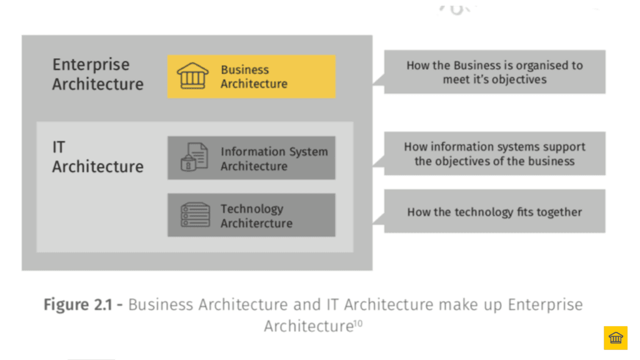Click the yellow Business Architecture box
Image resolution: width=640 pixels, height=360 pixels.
[251, 76]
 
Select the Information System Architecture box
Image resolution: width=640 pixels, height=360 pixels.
[251, 158]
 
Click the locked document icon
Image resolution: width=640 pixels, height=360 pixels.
[194, 157]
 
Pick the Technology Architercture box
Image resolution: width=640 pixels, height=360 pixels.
[251, 215]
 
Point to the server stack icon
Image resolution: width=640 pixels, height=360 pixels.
[194, 215]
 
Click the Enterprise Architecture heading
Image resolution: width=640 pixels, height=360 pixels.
[97, 74]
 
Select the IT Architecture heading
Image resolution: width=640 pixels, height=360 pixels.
[97, 157]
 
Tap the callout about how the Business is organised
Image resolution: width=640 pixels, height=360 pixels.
[494, 72]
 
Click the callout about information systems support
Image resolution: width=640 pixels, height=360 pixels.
[494, 154]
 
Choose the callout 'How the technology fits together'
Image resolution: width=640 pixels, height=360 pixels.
[494, 212]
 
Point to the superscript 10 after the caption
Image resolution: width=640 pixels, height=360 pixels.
[358, 322]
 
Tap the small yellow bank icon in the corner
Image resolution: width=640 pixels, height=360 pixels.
[615, 338]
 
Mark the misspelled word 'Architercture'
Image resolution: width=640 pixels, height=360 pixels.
[256, 223]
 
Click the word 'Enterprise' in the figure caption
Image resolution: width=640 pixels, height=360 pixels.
[545, 305]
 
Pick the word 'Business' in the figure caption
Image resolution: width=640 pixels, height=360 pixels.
[161, 305]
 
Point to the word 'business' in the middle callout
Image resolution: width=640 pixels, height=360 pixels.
[550, 161]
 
